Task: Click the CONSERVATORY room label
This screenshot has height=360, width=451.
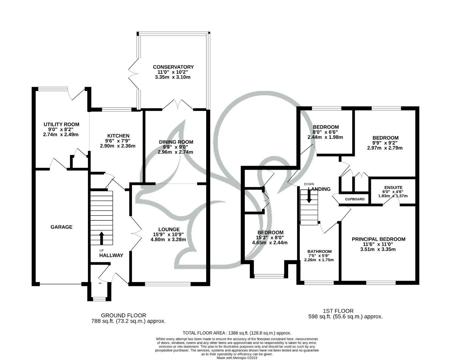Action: [x=173, y=67]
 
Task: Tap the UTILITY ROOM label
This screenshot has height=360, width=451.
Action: [x=61, y=124]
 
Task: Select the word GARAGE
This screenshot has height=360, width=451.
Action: [x=61, y=227]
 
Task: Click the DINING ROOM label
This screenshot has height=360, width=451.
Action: [x=176, y=142]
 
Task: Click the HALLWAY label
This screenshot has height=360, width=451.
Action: [x=111, y=255]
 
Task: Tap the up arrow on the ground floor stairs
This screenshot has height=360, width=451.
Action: [x=102, y=238]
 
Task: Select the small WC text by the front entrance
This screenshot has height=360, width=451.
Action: [x=100, y=283]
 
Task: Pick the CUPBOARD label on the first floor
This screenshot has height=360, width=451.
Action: [x=354, y=199]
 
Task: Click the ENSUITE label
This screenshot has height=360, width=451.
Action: [x=393, y=188]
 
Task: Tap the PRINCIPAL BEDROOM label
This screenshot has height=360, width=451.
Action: [x=378, y=239]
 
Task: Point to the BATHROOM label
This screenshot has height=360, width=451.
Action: [x=319, y=252]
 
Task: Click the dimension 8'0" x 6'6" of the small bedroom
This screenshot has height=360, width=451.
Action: [x=325, y=132]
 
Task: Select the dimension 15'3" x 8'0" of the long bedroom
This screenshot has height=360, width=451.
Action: [x=270, y=238]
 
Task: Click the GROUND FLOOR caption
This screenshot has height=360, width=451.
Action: [x=123, y=315]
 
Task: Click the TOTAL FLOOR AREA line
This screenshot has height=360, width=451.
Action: [x=236, y=333]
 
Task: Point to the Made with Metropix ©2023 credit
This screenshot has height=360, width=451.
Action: [x=237, y=358]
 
